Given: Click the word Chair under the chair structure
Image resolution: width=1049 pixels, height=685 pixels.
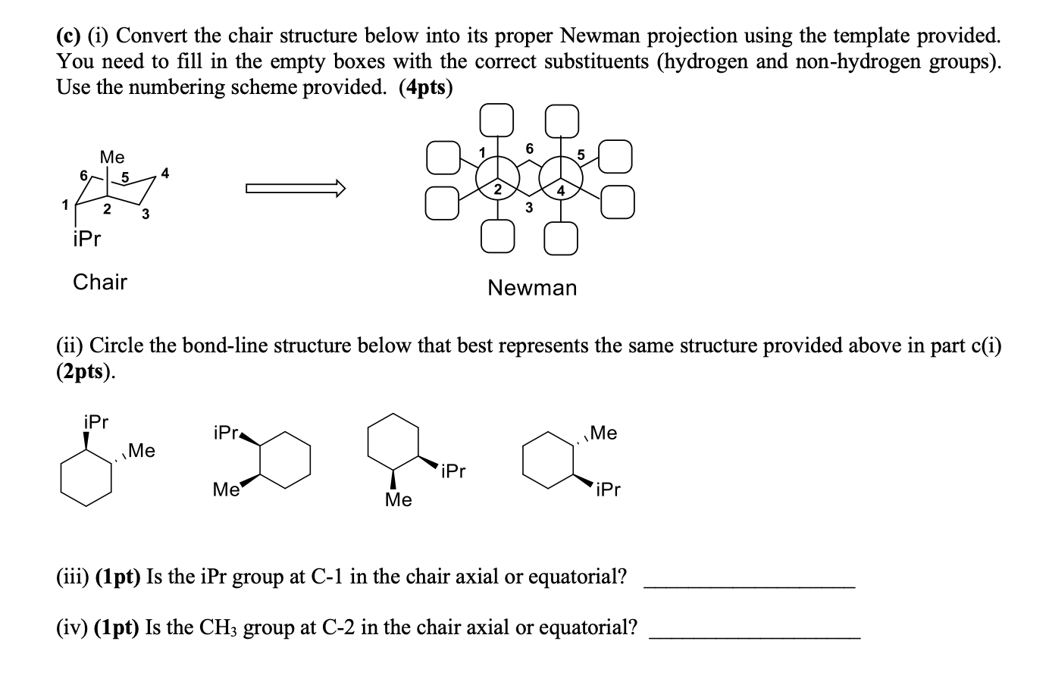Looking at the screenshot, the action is pos(99,282).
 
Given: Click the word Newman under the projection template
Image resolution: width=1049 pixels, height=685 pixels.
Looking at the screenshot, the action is pos(532,288).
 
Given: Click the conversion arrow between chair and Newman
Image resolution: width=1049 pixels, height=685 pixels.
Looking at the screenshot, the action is pos(296,188).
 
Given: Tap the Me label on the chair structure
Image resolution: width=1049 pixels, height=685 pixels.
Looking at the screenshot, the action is pos(112,157).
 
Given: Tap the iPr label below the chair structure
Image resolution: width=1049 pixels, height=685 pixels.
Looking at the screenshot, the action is pos(86,239).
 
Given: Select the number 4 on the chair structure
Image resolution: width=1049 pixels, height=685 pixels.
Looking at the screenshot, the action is pos(166,174).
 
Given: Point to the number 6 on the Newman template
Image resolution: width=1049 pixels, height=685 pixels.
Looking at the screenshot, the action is pos(530,149).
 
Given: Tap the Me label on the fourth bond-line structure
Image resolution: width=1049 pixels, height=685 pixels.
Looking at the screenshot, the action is pos(603,433).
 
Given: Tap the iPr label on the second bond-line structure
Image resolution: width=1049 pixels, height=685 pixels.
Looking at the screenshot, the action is pos(226,433).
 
